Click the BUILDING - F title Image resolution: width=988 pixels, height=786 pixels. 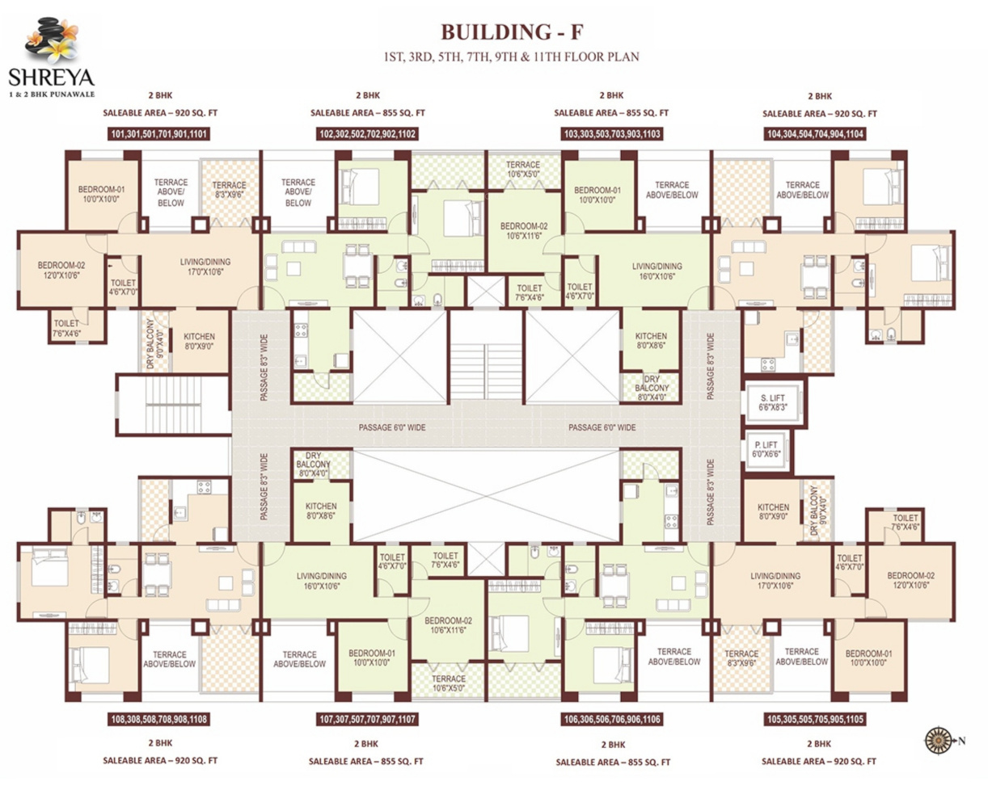click(510, 32)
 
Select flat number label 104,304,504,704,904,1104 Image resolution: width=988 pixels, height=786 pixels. click(814, 135)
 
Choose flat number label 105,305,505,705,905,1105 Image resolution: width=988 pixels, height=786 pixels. click(814, 717)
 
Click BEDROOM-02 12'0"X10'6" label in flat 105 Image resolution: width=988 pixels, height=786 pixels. click(910, 581)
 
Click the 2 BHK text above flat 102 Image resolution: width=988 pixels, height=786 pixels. click(367, 95)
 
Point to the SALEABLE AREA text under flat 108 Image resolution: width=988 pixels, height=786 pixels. click(160, 760)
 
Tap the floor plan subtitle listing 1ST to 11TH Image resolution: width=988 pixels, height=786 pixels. click(512, 57)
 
